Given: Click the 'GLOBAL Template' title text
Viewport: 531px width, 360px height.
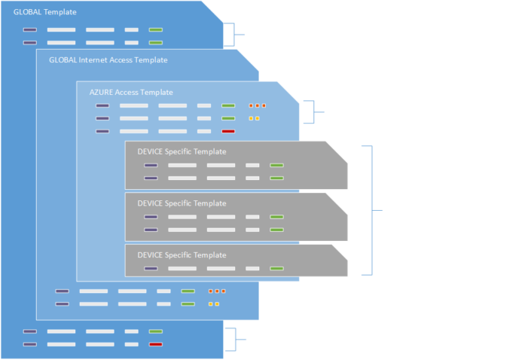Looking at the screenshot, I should click(44, 13).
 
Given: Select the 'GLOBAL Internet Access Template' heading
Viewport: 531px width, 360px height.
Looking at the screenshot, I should click(108, 59).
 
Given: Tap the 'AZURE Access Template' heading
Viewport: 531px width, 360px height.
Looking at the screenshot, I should click(130, 92).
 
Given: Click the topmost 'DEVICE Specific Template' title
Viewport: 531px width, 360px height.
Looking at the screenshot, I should click(182, 151).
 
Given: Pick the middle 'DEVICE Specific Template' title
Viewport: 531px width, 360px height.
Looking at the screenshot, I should click(182, 203).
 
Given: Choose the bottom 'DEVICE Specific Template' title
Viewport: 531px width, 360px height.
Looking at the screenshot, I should click(182, 255).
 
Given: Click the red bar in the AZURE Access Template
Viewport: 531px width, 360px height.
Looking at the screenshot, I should click(228, 131).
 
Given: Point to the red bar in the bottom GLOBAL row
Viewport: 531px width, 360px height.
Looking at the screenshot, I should click(156, 344).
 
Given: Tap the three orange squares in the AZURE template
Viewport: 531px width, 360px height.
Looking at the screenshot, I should click(258, 105).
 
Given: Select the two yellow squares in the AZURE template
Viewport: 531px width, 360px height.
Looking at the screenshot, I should click(255, 118).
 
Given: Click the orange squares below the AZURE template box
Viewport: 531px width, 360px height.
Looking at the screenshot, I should click(216, 291).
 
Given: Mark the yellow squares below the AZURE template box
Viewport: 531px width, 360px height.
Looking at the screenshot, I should click(213, 304).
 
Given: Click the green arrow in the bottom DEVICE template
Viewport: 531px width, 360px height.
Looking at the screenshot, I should click(276, 268).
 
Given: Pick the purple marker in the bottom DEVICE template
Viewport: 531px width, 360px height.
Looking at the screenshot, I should click(151, 268).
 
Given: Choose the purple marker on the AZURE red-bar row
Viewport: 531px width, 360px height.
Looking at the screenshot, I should click(102, 131).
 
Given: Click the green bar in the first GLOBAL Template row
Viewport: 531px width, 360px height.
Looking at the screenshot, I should click(156, 30).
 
